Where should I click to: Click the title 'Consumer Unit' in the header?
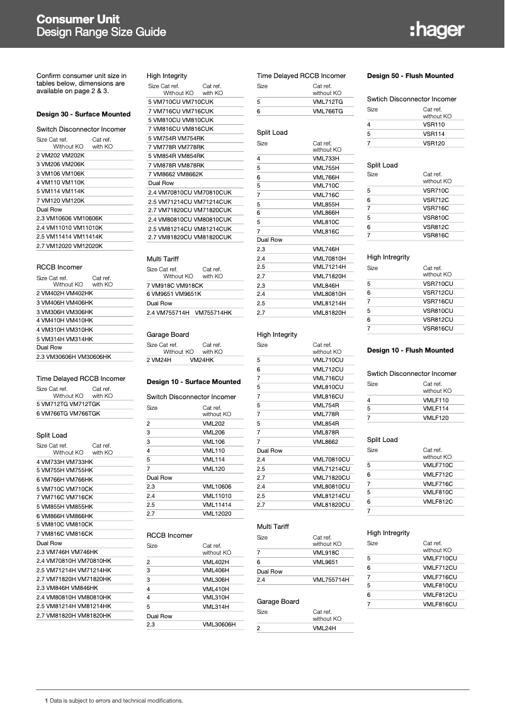78,20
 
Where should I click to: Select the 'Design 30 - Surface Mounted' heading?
83,114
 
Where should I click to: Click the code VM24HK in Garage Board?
201,360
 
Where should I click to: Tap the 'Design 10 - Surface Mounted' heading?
193,382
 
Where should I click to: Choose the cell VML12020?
217,514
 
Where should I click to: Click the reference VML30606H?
218,625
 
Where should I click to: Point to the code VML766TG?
327,111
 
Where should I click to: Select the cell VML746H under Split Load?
326,249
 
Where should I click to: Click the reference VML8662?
326,442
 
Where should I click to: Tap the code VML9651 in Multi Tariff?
326,562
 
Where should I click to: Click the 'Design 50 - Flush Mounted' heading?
410,76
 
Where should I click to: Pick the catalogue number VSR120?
434,144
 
